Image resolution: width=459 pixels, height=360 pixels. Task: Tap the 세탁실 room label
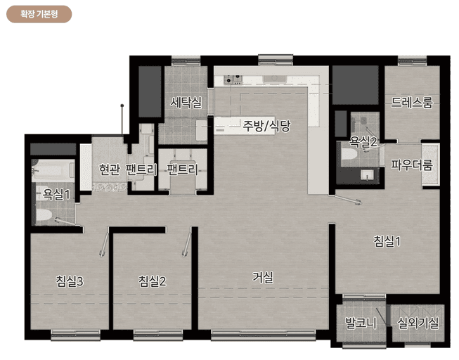click(x=186, y=103)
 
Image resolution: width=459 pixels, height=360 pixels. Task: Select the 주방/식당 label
click(x=266, y=126)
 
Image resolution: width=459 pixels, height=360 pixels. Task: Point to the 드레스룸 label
click(x=411, y=103)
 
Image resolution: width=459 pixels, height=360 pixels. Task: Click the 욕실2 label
click(x=363, y=141)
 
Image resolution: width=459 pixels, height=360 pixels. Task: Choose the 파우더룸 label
click(x=411, y=165)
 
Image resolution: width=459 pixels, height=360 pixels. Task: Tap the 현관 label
click(x=110, y=169)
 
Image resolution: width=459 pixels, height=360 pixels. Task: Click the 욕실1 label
click(x=57, y=193)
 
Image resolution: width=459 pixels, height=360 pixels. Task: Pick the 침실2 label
click(x=153, y=281)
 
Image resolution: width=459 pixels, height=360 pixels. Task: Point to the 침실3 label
click(x=70, y=281)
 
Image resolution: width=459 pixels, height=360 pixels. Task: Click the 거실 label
click(x=263, y=277)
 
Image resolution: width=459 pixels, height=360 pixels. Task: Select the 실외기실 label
click(x=418, y=323)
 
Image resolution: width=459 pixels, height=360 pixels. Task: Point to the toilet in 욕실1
click(x=44, y=214)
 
